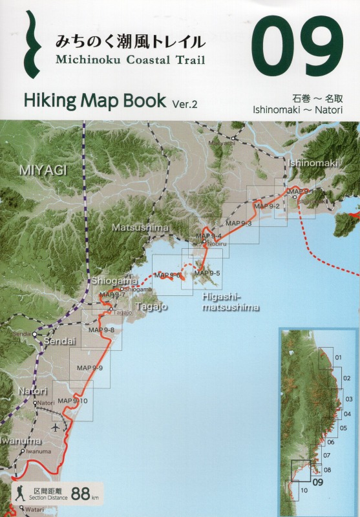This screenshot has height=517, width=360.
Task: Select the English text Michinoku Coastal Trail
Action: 130,60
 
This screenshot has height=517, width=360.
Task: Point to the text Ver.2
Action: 188,103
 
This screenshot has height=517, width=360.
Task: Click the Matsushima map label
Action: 140,228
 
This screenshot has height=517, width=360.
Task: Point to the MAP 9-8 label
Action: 101,330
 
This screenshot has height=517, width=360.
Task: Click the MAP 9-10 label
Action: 72,401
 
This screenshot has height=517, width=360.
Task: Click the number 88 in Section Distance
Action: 81,494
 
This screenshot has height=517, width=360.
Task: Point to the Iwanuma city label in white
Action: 20,441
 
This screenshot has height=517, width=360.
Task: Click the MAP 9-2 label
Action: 267,206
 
